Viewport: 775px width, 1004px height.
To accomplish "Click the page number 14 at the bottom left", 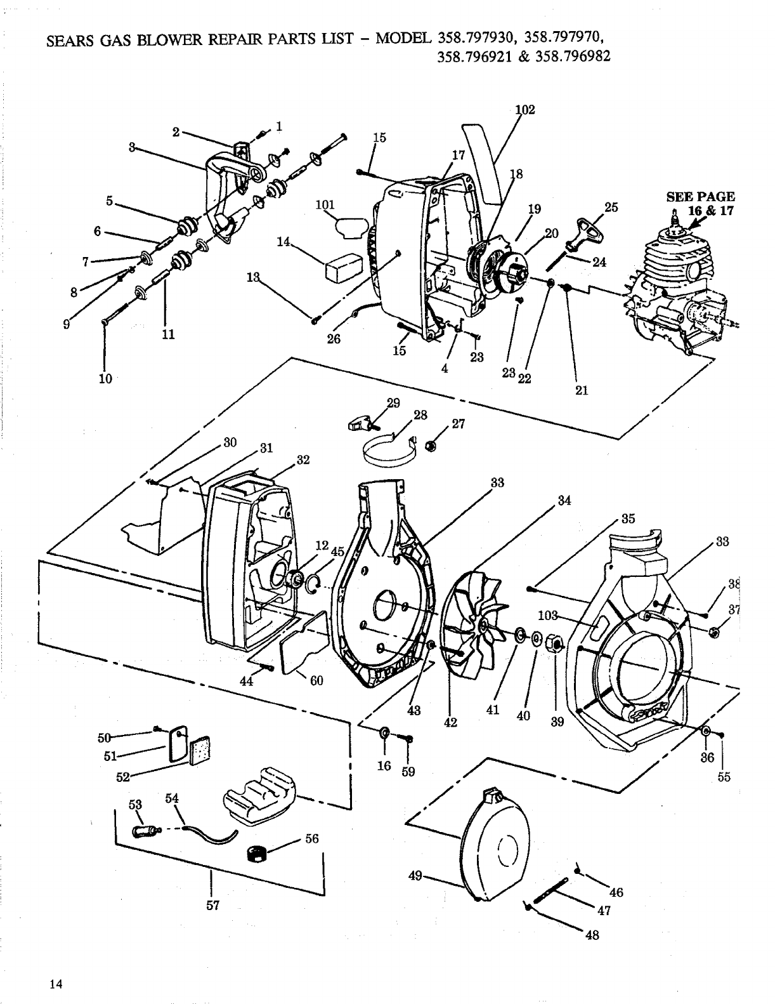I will (x=56, y=967).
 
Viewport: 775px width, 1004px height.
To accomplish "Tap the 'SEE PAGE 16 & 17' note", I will (x=700, y=203).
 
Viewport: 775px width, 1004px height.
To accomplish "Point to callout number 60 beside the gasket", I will (x=316, y=681).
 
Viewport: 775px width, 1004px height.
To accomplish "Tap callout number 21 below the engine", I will (x=582, y=390).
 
